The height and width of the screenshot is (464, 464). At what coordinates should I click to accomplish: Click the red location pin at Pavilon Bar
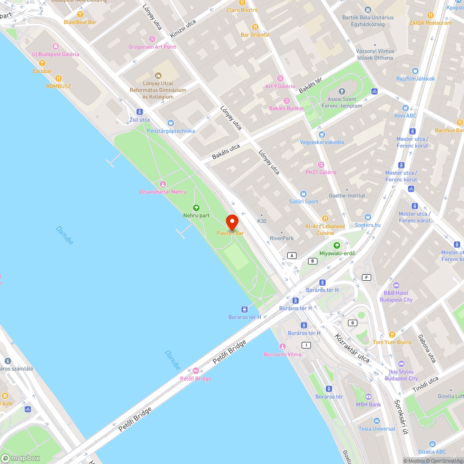click(x=232, y=221)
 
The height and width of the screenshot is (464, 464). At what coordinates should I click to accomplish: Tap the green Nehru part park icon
click(x=196, y=208)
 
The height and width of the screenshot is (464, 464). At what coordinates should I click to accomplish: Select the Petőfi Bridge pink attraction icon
click(x=195, y=371)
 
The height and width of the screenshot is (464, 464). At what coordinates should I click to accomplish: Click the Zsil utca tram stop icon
click(x=139, y=112)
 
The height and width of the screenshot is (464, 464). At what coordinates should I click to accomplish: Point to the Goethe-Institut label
click(x=347, y=196)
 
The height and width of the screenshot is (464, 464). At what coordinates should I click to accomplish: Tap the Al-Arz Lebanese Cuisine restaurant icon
click(x=325, y=219)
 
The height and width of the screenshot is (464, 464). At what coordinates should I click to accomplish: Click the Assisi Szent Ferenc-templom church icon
click(x=342, y=91)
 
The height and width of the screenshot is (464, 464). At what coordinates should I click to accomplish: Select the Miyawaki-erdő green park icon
click(x=337, y=245)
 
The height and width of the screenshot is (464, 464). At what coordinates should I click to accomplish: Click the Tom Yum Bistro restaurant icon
click(x=392, y=334)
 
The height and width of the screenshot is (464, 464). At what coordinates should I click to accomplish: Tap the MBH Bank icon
click(x=368, y=397)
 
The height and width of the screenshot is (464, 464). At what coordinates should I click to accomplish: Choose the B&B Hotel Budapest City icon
click(x=396, y=285)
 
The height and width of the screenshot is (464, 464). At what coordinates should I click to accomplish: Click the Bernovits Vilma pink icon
click(x=282, y=347)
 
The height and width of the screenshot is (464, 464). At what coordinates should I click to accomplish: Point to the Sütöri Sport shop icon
click(x=303, y=194)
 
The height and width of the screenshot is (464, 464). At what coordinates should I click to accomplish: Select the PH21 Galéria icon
click(x=321, y=164)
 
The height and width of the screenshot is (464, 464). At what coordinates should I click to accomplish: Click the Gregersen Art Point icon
click(x=152, y=39)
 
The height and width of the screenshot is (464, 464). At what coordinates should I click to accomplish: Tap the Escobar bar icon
click(x=42, y=64)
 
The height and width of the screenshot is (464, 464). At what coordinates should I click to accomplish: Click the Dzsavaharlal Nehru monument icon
click(x=162, y=184)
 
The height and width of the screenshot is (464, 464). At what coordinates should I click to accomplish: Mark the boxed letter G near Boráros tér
click(x=353, y=322)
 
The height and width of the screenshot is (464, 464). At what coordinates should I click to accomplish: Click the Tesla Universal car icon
click(x=377, y=421)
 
